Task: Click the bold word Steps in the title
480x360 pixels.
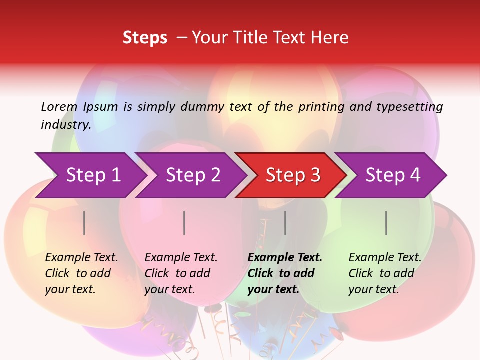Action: coord(145,38)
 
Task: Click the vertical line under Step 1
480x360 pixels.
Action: coord(84,223)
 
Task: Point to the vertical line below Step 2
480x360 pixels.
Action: coord(184,223)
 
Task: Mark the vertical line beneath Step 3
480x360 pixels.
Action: coord(285,223)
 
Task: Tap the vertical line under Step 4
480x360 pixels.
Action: coord(386,223)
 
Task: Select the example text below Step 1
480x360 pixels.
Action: coord(81,273)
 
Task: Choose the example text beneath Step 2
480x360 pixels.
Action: coord(181,273)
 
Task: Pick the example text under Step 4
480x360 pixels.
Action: coord(385,273)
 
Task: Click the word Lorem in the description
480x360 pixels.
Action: coord(59,106)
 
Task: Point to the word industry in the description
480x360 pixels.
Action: coord(65,124)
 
